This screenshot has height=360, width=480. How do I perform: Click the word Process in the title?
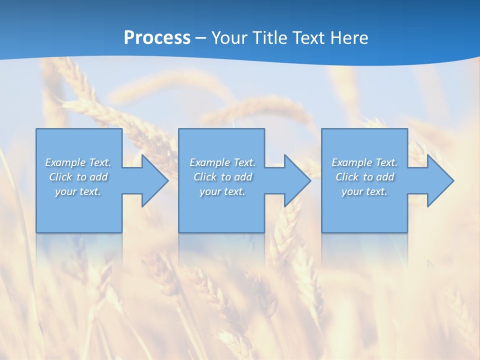pyautogui.click(x=157, y=37)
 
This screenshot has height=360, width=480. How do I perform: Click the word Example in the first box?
pyautogui.click(x=65, y=162)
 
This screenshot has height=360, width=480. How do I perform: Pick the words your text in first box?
pyautogui.click(x=78, y=191)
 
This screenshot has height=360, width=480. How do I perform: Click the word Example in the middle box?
pyautogui.click(x=210, y=162)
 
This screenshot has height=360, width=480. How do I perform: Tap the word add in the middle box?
pyautogui.click(x=243, y=177)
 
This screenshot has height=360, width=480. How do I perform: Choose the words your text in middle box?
pyautogui.click(x=222, y=191)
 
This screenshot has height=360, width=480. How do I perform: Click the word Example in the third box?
pyautogui.click(x=352, y=162)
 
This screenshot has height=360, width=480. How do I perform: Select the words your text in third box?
pyautogui.click(x=364, y=191)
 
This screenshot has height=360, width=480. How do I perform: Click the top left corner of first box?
pyautogui.click(x=36, y=129)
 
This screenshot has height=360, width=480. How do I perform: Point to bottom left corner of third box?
pyautogui.click(x=322, y=232)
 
